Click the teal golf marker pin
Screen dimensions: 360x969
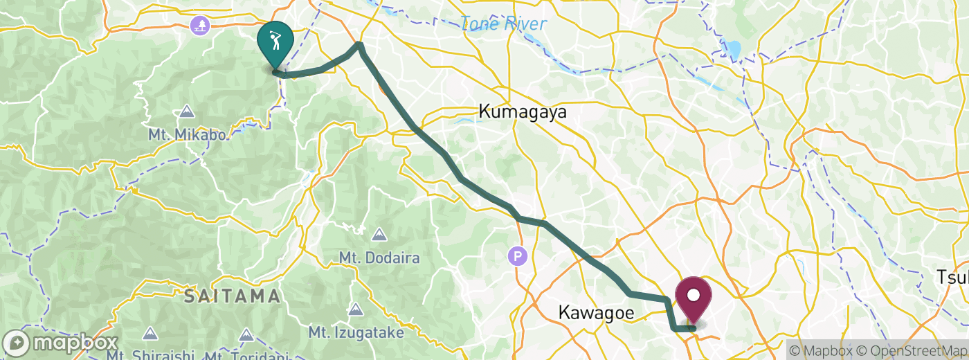[x=275, y=42]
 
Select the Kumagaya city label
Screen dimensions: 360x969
[x=523, y=111]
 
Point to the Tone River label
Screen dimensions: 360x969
[x=504, y=24]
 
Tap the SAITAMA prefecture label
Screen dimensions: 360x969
[x=232, y=297]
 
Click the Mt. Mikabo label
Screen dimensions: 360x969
[x=187, y=135]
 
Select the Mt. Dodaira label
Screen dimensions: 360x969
[x=379, y=258]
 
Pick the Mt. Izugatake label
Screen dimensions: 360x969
[x=356, y=333]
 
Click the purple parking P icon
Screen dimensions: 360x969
[x=518, y=257]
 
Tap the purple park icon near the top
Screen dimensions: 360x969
[x=200, y=26]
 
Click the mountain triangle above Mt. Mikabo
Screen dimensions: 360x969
[x=186, y=111]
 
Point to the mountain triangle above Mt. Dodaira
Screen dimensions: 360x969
[x=379, y=235]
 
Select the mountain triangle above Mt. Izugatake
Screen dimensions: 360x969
[x=356, y=309]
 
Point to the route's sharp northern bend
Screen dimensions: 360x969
[x=359, y=46]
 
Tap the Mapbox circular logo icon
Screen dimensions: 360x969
[x=17, y=343]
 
